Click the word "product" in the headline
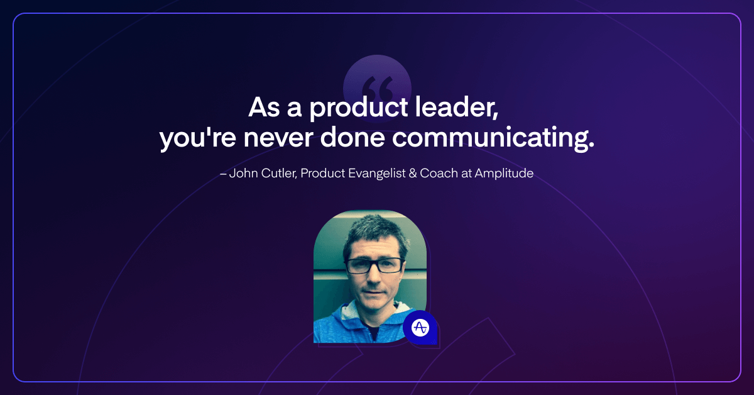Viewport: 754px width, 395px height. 359,108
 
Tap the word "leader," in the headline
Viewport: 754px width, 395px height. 456,107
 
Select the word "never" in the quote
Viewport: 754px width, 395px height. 278,138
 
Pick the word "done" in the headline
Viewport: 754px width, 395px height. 352,137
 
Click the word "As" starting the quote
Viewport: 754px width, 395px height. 265,107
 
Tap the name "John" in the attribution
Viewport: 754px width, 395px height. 243,173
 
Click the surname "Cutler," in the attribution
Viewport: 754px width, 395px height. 279,173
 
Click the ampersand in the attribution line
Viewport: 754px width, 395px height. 413,173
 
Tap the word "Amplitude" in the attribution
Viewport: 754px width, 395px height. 504,174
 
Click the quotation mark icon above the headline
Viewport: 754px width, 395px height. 377,88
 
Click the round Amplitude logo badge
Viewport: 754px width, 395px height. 421,328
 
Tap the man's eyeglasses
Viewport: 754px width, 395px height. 374,265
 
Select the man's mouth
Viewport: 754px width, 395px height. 374,292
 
